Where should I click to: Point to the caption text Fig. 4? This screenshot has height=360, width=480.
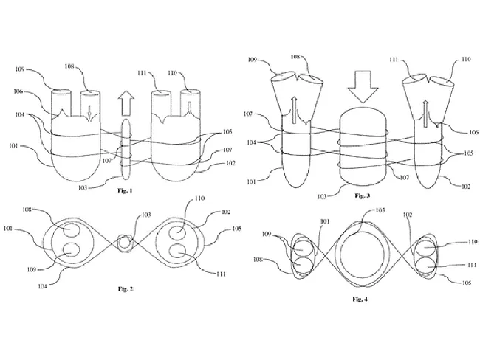point(363,300)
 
